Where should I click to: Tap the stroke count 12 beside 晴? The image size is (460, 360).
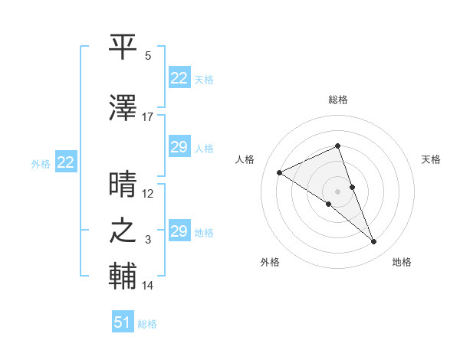pos(148,193)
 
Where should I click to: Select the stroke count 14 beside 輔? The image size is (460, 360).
pos(148,286)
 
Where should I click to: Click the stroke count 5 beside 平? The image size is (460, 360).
pos(148,56)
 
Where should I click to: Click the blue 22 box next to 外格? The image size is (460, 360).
pos(65,162)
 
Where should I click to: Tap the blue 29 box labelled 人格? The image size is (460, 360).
pos(179,147)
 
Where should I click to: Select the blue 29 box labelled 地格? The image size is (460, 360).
pos(179,231)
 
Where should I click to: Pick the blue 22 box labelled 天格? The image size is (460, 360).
pos(179,78)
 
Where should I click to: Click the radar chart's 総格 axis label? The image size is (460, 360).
pos(338,100)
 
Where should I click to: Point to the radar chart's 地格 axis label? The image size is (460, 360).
pos(402,262)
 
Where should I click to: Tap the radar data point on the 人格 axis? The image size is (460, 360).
pos(280,172)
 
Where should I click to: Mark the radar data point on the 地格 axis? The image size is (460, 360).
pos(374,242)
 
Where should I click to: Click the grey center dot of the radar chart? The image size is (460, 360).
pos(338,191)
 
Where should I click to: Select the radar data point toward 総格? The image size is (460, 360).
pos(338,146)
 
